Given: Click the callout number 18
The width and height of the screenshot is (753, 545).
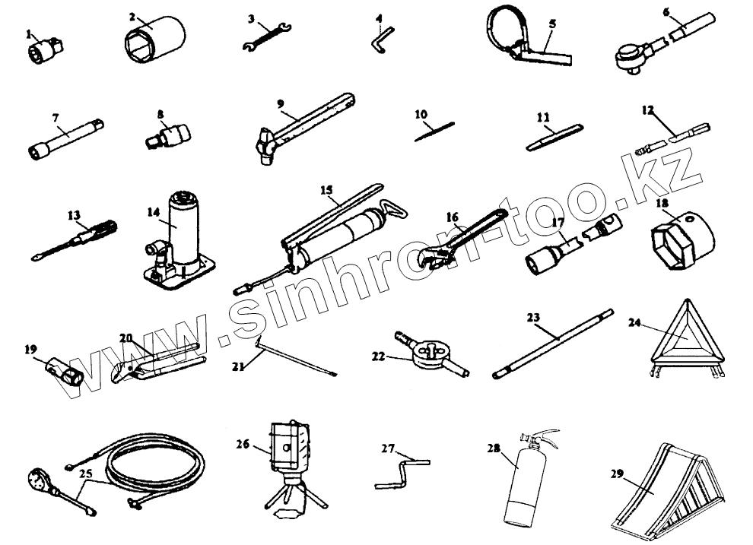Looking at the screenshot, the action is tap(661, 204).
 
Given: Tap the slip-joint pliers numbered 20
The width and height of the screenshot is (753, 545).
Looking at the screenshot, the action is tap(156, 360).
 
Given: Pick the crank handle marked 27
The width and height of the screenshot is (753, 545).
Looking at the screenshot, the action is tap(402, 471).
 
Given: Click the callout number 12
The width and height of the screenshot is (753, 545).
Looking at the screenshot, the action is tap(647, 109).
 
